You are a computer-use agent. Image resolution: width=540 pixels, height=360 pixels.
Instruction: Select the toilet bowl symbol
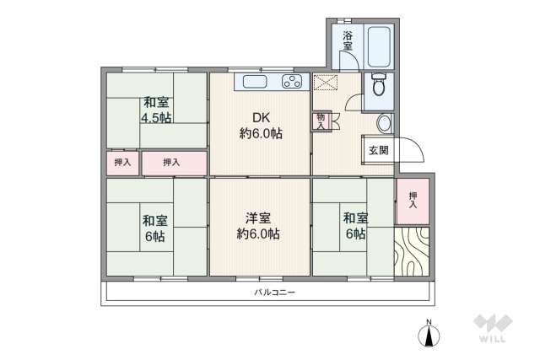coord(378,86)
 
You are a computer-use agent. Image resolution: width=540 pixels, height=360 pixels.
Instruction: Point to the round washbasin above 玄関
coord(384,123)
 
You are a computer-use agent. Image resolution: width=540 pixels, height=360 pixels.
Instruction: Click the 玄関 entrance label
coord(378,151)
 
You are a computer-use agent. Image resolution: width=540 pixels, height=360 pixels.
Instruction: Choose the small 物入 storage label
coord(321,121)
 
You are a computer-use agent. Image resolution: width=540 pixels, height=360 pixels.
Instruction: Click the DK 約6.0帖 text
coord(261,126)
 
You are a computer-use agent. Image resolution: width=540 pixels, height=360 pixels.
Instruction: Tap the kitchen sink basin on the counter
coord(256,82)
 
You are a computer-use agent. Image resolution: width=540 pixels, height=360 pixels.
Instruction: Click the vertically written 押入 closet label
coord(413,199)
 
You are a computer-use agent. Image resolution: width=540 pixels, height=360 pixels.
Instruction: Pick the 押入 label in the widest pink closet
coord(171,162)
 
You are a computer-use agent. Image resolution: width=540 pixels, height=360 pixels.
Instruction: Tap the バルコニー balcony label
coord(275,293)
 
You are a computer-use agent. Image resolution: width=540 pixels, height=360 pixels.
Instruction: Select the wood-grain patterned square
coord(411,250)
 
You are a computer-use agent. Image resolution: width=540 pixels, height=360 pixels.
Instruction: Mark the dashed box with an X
coord(325,83)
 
